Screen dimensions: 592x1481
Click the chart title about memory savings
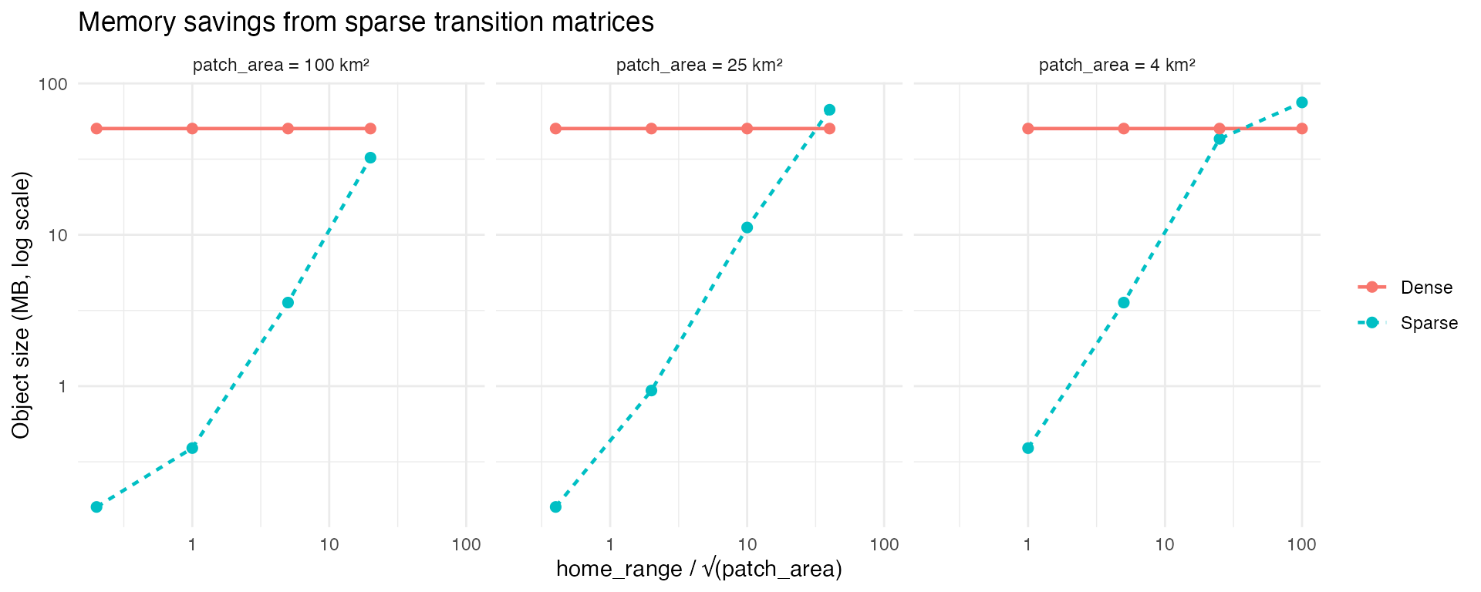(366, 22)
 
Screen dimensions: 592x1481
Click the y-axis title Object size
(21, 305)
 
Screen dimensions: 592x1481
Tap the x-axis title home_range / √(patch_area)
(699, 569)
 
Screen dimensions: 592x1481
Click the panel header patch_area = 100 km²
(281, 66)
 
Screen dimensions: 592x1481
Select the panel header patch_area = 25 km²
(699, 66)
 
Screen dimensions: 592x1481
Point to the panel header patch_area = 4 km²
(1117, 66)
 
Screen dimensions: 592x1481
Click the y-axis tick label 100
(53, 83)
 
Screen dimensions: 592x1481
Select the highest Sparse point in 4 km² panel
(1302, 103)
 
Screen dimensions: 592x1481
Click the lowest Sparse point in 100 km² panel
(96, 506)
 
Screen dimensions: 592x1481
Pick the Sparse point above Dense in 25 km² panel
(829, 110)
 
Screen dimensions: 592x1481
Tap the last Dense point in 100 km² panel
(370, 129)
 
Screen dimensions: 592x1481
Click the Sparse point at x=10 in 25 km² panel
(747, 227)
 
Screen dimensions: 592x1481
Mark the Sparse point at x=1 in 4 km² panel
(1027, 448)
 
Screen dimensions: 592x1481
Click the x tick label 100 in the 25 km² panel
(884, 545)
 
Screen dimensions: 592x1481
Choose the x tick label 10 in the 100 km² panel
(329, 545)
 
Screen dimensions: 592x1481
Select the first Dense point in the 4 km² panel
(1027, 129)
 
